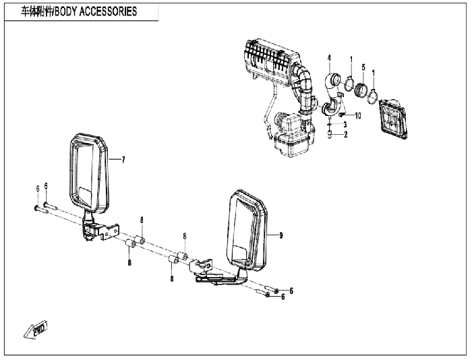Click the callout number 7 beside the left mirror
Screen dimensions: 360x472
point(123,160)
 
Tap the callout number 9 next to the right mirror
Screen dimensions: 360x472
point(281,235)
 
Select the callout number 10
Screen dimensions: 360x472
point(358,116)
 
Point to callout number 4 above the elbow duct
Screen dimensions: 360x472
point(329,59)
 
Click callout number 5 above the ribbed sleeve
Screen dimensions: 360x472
point(363,67)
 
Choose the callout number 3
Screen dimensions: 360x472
point(345,125)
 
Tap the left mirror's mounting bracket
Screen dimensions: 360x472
point(94,227)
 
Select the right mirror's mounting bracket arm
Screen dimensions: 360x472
point(216,274)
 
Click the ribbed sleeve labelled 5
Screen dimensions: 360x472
point(363,90)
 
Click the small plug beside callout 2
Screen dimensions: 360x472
point(330,134)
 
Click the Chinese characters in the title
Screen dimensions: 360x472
point(30,11)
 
